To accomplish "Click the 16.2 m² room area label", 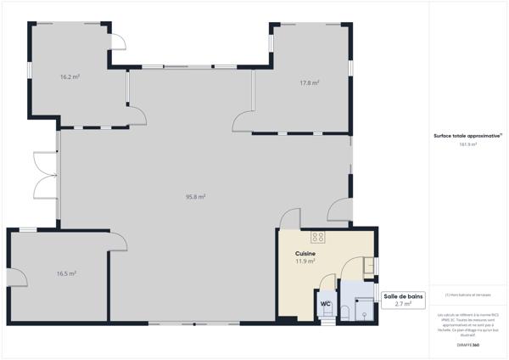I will [70, 76].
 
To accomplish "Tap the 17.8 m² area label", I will [309, 82].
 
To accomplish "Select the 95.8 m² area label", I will [196, 196].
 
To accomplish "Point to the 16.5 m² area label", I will [66, 273].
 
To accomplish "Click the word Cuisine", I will [305, 254].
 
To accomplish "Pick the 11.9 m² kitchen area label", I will [305, 262].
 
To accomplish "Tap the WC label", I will [325, 303].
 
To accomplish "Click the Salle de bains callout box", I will [402, 300].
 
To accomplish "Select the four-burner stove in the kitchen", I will [319, 237].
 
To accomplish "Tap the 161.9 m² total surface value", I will [467, 144].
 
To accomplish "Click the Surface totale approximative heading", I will [467, 136].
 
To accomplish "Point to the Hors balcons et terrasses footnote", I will [467, 295].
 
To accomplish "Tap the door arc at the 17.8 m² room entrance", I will [243, 121].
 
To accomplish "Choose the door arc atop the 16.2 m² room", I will [120, 42].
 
